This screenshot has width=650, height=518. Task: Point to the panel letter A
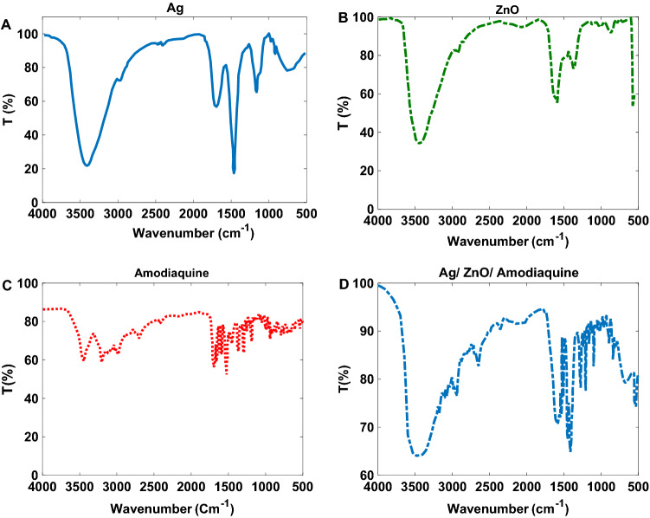7,24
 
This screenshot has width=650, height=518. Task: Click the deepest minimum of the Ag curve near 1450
234,172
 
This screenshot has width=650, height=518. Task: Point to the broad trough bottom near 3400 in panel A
87,165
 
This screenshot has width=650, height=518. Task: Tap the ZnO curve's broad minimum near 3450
419,143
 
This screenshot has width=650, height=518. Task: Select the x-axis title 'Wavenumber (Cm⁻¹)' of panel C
172,504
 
